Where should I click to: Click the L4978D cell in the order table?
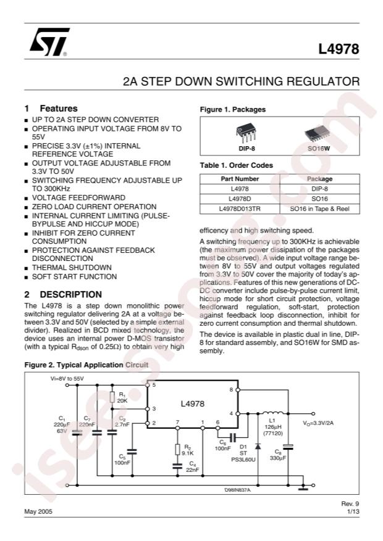[240, 198]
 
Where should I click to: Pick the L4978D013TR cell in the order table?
[240, 209]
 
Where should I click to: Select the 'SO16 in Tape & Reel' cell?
[319, 209]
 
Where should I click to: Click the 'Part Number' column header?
[240, 179]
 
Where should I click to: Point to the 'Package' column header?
[319, 179]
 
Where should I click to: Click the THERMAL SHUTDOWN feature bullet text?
[72, 268]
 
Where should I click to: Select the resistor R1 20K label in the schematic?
[122, 398]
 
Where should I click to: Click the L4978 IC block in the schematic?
[192, 403]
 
